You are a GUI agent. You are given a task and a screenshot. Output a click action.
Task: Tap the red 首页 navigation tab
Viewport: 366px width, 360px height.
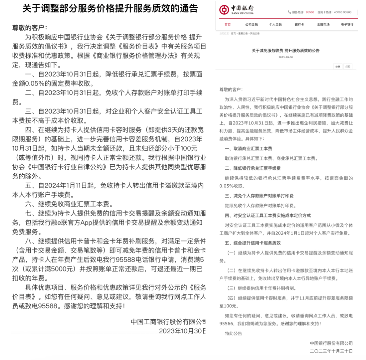(227, 25)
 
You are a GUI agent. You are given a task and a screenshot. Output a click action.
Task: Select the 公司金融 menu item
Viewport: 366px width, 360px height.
(251, 25)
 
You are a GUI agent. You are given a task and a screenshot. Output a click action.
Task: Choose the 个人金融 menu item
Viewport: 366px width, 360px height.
(275, 25)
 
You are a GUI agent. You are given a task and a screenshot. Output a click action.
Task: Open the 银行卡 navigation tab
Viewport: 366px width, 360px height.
(299, 25)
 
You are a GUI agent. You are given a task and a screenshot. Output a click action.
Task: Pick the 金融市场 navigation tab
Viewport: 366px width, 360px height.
(323, 25)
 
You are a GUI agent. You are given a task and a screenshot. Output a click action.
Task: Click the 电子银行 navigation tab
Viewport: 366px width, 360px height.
(347, 25)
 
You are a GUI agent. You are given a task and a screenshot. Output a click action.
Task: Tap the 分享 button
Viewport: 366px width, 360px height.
(337, 67)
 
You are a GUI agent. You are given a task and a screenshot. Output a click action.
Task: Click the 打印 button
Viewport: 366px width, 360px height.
(348, 67)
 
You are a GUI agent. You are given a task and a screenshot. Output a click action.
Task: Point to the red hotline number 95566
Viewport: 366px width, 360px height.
(310, 12)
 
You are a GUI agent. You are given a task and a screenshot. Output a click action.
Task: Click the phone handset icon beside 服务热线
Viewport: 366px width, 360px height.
(289, 12)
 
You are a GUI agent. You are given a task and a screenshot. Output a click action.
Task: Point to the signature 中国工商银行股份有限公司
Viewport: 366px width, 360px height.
(168, 321)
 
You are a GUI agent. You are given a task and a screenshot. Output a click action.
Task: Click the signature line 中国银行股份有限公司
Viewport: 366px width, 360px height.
(331, 343)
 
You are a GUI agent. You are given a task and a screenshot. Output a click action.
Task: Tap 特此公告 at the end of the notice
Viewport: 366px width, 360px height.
(233, 334)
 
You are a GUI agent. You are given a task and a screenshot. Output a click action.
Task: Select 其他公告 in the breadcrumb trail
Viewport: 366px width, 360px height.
(255, 33)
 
